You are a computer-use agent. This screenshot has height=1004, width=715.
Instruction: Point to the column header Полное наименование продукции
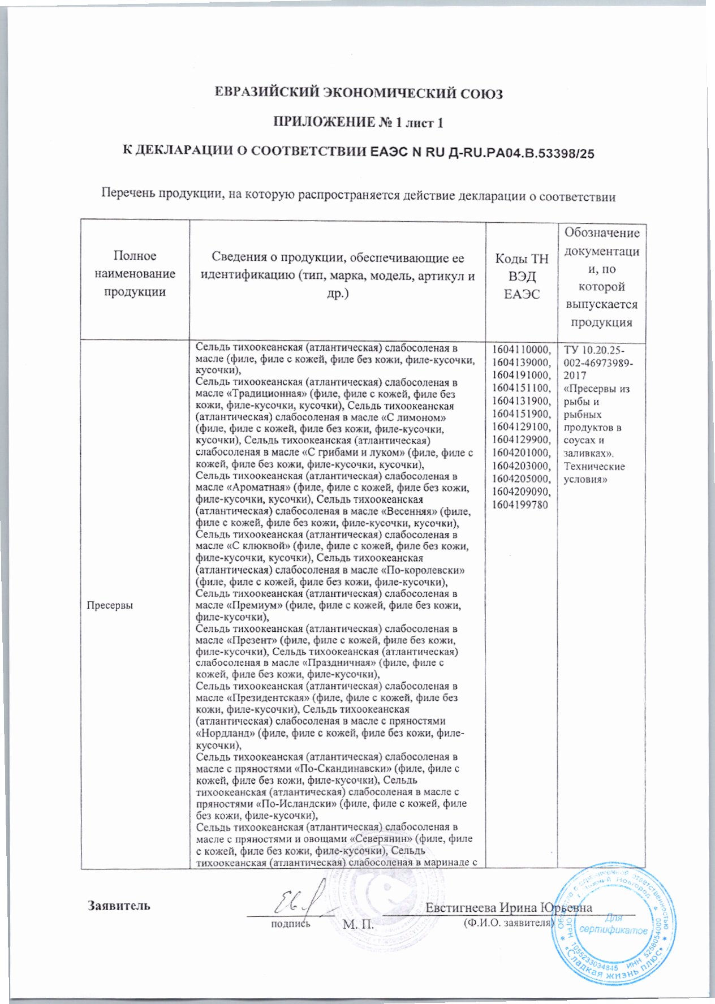click(135, 274)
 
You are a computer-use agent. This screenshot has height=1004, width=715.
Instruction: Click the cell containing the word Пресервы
click(110, 605)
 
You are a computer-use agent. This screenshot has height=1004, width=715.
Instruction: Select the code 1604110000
click(521, 349)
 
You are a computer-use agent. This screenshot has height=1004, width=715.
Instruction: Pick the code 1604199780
click(520, 505)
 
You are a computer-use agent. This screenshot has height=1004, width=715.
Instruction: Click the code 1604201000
click(521, 453)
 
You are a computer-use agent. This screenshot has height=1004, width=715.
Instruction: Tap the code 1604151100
click(521, 388)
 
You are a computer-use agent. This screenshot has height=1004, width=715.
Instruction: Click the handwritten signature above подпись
click(297, 904)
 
